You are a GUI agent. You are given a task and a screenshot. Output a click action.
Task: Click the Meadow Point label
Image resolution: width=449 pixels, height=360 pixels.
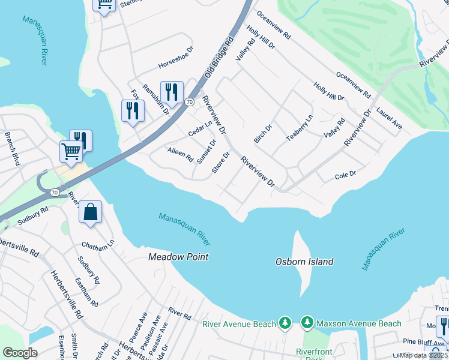pyautogui.click(x=178, y=257)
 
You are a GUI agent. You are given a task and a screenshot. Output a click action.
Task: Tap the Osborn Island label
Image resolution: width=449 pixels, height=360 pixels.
pyautogui.click(x=304, y=262)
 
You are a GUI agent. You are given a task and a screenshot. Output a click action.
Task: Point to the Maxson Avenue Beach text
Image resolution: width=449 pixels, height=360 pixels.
pyautogui.click(x=359, y=324)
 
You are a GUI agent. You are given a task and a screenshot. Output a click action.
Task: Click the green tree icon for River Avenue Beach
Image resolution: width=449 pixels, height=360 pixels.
pyautogui.click(x=285, y=324)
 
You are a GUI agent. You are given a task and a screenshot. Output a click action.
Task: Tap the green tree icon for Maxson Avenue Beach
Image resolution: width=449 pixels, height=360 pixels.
pyautogui.click(x=307, y=324)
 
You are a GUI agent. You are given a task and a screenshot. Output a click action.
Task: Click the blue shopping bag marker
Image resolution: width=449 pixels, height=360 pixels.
pyautogui.click(x=90, y=212)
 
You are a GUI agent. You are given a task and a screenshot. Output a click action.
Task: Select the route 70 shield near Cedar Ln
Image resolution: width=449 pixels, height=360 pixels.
pyautogui.click(x=188, y=102)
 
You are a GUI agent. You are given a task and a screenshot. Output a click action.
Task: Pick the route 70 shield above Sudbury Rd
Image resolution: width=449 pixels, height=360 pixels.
pyautogui.click(x=54, y=193)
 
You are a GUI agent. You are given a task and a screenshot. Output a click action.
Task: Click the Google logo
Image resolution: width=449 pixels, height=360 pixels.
pyautogui.click(x=20, y=353)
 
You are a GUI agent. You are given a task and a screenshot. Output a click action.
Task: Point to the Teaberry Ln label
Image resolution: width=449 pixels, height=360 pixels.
pyautogui.click(x=300, y=128)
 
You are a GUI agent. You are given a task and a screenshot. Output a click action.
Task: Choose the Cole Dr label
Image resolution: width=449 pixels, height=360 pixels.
pyautogui.click(x=345, y=175)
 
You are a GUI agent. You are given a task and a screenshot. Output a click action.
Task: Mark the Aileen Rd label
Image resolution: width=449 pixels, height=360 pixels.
pyautogui.click(x=180, y=155)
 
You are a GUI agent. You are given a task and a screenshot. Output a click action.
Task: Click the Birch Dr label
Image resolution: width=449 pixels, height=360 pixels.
pyautogui.click(x=263, y=134)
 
